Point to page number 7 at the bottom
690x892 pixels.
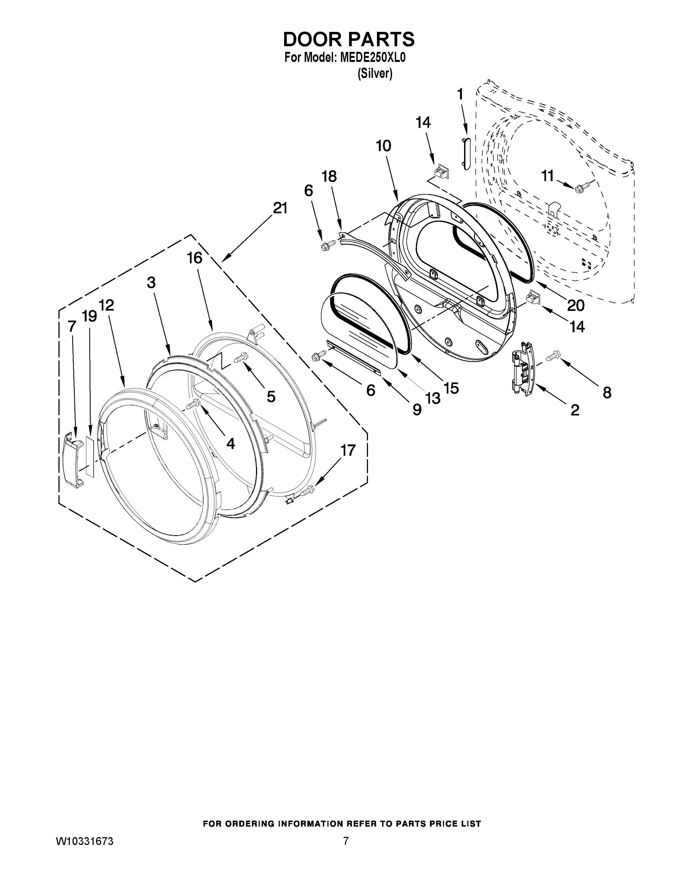(x=346, y=864)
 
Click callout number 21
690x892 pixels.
(x=280, y=208)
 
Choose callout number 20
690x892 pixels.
(x=575, y=305)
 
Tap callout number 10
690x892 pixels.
(x=383, y=145)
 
